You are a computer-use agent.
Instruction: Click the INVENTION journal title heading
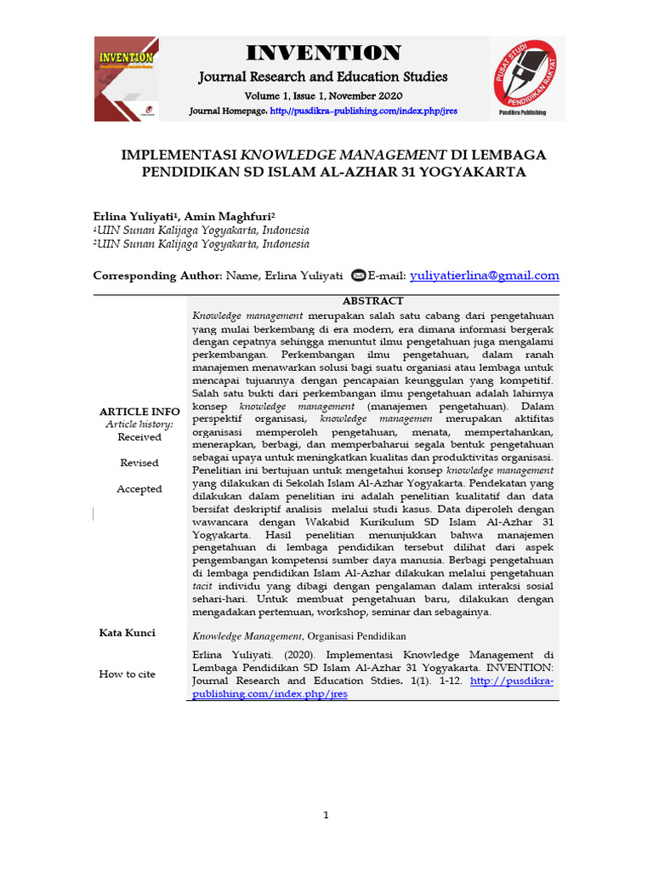(x=323, y=53)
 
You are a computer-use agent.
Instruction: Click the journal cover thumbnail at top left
(x=126, y=78)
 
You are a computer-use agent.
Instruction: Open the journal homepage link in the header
(x=364, y=111)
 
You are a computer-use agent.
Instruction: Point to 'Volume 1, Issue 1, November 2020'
(x=323, y=95)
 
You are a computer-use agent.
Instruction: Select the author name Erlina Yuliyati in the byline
(x=125, y=218)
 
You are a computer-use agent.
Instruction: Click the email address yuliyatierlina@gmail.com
(x=484, y=275)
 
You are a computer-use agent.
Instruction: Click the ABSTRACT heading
(x=372, y=301)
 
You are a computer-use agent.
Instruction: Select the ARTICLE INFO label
(x=139, y=412)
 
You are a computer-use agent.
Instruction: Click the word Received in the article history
(x=139, y=437)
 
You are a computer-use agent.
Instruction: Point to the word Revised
(x=139, y=463)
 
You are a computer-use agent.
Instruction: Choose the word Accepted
(x=139, y=489)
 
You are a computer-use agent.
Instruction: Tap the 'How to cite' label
(x=128, y=675)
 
